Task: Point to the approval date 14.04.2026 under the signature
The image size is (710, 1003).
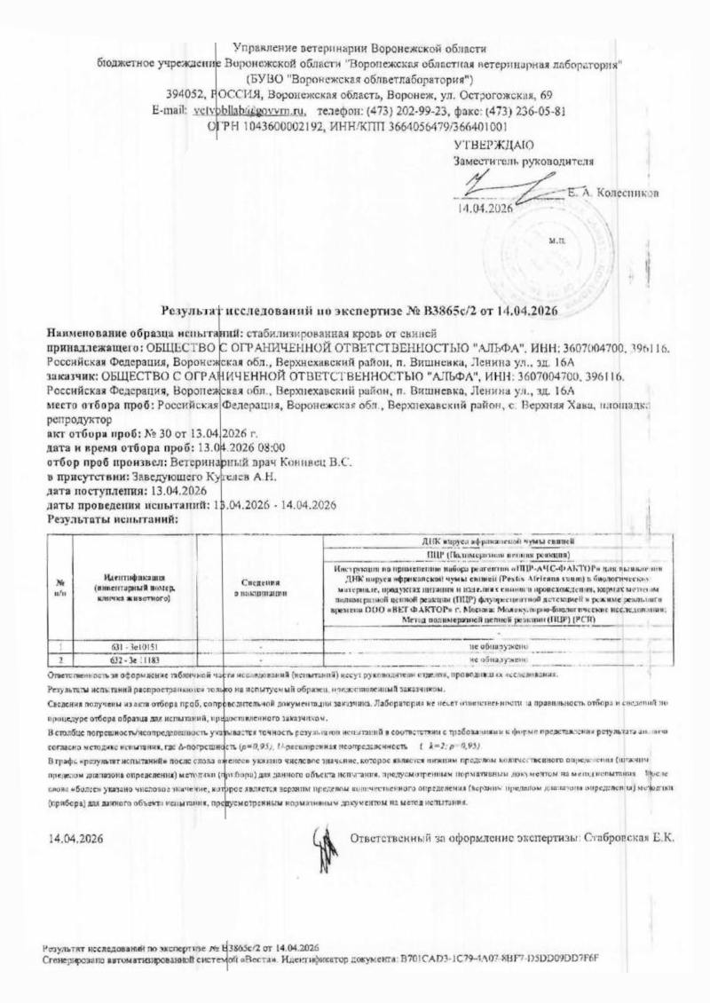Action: tap(485, 209)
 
